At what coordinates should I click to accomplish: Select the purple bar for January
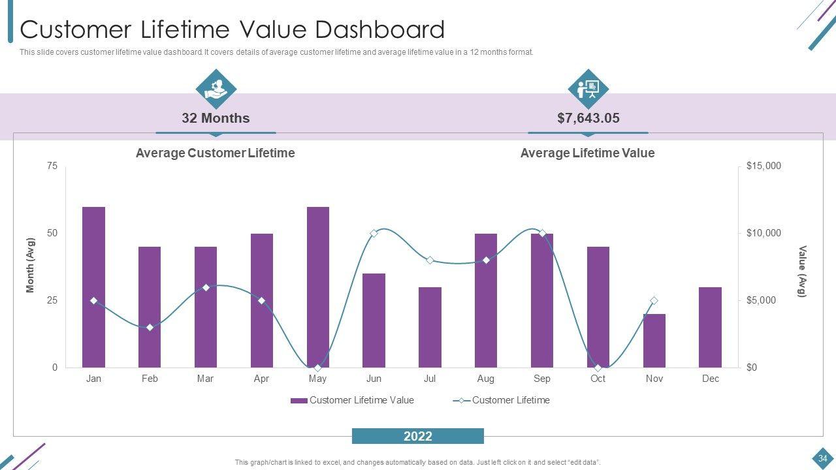pos(93,287)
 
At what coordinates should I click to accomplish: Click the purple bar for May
pos(317,287)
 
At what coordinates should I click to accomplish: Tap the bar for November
pos(654,341)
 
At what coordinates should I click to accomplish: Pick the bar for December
pos(710,327)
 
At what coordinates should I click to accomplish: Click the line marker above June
pos(374,233)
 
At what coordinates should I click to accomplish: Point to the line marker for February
pos(150,327)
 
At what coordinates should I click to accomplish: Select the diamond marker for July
pos(430,260)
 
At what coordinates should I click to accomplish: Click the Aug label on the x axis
pos(485,379)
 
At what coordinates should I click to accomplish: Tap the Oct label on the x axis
pos(598,379)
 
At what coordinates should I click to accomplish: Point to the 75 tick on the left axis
pos(52,166)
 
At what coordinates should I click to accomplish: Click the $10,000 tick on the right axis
pos(764,233)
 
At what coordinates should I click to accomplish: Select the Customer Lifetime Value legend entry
pos(353,400)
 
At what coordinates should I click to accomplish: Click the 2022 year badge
pos(418,436)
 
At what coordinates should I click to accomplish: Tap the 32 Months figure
pos(216,118)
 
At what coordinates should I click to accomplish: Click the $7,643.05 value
pos(588,118)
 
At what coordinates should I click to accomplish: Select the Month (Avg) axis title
pos(30,265)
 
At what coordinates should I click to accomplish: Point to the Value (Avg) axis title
pos(803,271)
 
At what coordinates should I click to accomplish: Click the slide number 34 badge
pos(822,458)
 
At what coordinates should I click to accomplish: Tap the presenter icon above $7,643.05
pos(588,89)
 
